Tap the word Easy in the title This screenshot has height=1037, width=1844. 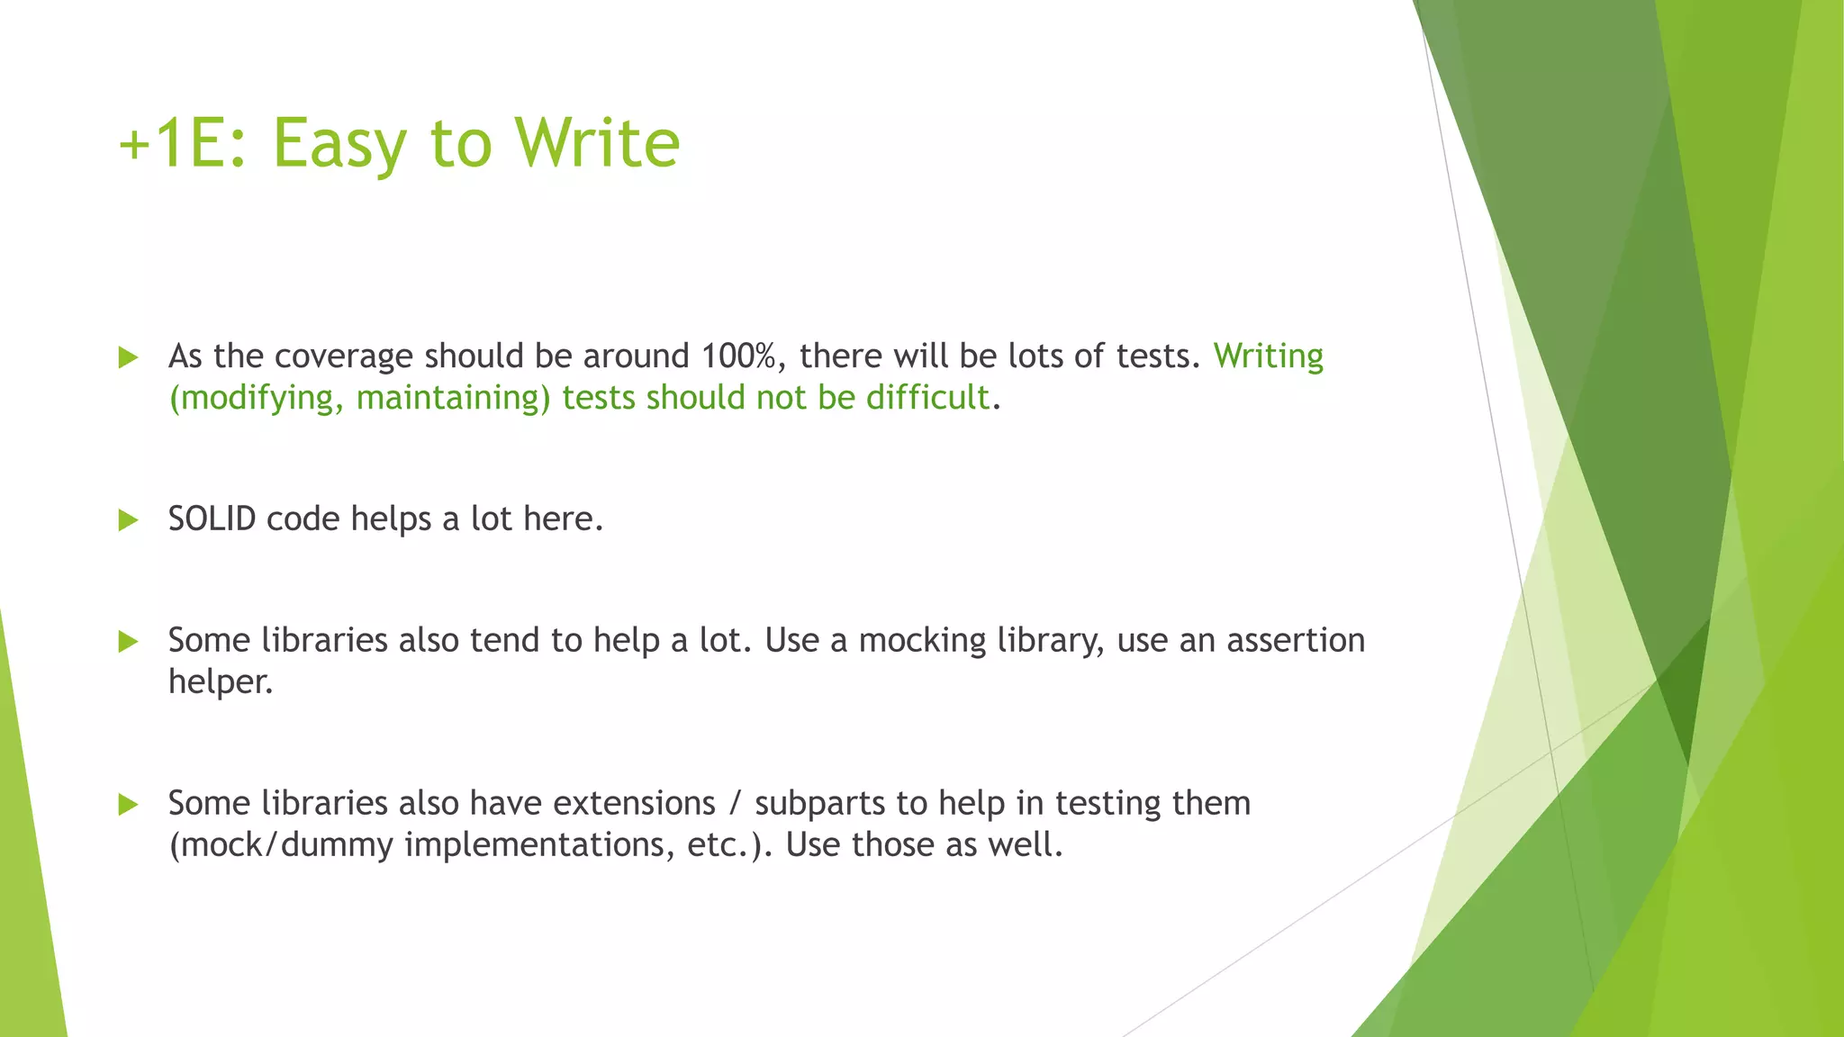[339, 144]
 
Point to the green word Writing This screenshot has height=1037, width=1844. [1268, 356]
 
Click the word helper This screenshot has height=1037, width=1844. [220, 682]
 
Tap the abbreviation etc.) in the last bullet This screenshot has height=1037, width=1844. [728, 845]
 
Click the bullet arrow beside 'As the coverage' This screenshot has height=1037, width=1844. [128, 357]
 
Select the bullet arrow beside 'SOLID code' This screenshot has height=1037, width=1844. [128, 520]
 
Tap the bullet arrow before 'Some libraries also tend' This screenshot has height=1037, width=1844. [128, 642]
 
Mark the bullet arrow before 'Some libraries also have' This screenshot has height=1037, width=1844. [128, 804]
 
